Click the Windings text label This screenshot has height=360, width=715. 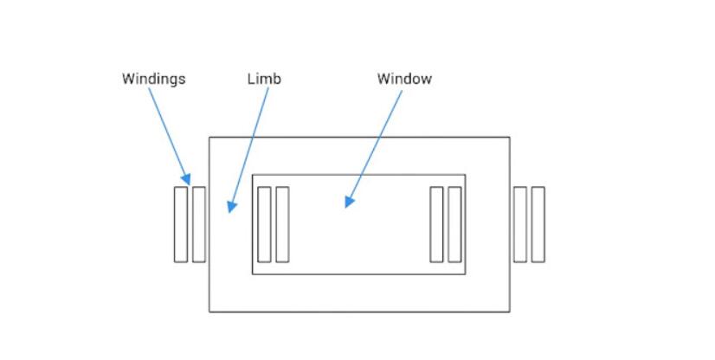(x=153, y=79)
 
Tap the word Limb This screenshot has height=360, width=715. (x=264, y=79)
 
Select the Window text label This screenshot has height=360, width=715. (x=403, y=79)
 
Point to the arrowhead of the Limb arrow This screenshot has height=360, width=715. (x=230, y=207)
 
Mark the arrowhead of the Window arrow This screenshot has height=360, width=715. (x=348, y=202)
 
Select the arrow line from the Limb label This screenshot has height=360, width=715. (x=249, y=143)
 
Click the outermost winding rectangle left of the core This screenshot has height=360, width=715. (x=180, y=224)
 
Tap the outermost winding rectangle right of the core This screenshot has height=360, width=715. (x=538, y=224)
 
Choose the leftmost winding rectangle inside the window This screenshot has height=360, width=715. (x=264, y=224)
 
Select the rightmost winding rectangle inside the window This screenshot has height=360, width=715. (x=454, y=224)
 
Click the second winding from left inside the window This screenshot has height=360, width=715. (x=282, y=224)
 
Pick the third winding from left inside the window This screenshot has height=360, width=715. (x=436, y=224)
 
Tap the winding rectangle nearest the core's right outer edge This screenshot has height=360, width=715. (x=520, y=224)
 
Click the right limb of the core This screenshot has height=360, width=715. (x=487, y=224)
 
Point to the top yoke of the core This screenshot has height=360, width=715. (x=358, y=155)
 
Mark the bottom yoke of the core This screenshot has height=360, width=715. (x=358, y=292)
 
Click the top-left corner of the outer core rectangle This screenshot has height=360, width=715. (x=209, y=137)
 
